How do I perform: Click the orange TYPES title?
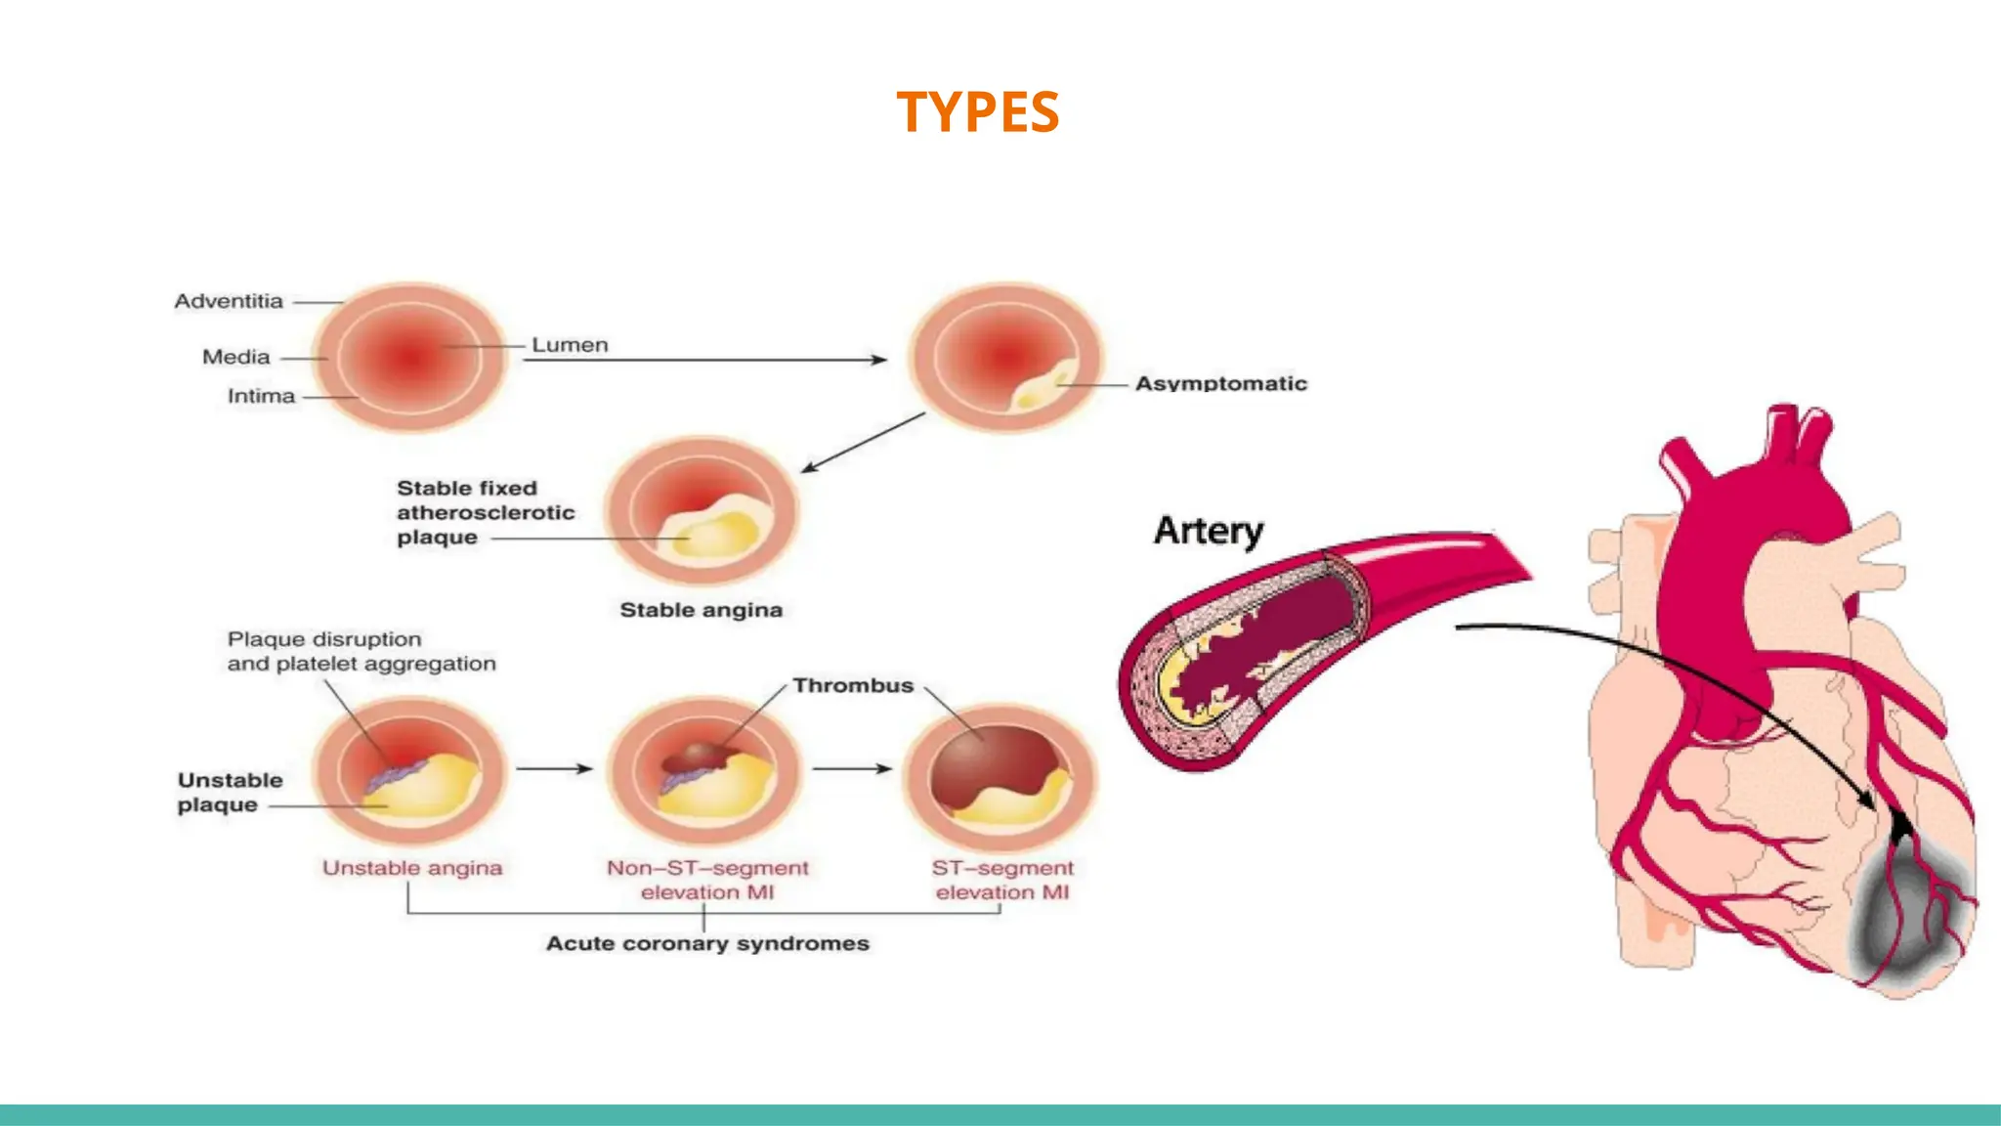click(977, 111)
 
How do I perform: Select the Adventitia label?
click(229, 301)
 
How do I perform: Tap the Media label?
click(235, 357)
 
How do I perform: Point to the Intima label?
click(261, 396)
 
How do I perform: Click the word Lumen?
click(570, 345)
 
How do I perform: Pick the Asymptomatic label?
click(1220, 384)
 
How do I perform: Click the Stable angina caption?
click(701, 610)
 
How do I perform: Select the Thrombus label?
click(853, 685)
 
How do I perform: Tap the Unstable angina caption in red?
click(412, 868)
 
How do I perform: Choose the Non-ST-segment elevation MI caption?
click(707, 880)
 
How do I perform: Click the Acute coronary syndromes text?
click(707, 943)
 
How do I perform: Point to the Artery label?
click(1209, 531)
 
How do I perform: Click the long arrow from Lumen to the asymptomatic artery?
click(703, 360)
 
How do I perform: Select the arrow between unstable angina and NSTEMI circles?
click(554, 768)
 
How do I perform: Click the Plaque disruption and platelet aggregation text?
click(362, 651)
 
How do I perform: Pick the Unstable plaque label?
click(230, 793)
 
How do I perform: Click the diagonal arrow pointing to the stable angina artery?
click(863, 443)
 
